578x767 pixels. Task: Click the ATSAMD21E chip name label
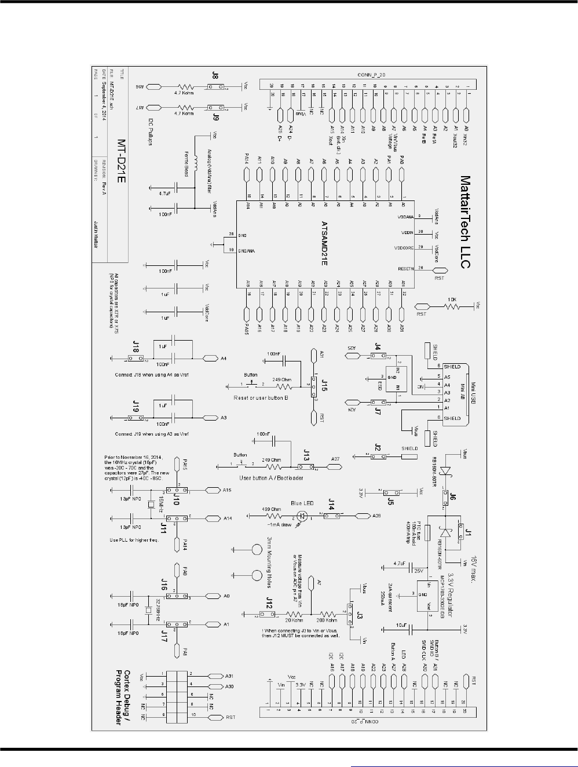click(325, 243)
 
